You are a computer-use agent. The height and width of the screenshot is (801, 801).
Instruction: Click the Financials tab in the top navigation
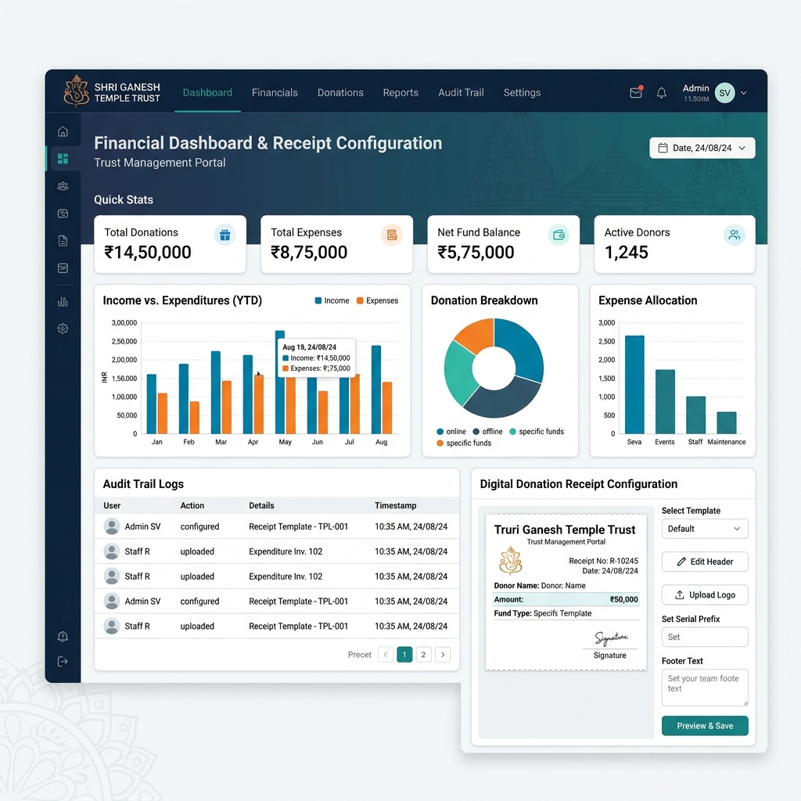275,92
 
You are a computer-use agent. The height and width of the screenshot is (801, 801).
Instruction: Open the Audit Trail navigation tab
460,92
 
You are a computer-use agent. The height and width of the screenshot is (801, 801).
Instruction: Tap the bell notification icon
661,93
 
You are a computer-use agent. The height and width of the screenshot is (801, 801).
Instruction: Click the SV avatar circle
724,93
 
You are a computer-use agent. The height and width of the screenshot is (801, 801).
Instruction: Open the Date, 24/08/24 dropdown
702,148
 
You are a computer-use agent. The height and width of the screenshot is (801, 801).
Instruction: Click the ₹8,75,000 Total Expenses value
308,253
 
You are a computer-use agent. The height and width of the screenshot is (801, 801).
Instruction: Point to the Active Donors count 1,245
626,253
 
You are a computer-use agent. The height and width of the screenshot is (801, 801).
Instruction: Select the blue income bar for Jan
151,404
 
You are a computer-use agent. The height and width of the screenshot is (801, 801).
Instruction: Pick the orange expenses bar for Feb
194,418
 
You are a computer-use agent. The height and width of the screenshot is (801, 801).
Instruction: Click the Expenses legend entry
377,301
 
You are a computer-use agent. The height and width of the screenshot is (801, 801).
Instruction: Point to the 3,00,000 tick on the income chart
124,323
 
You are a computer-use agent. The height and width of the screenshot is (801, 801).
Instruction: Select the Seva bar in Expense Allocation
634,385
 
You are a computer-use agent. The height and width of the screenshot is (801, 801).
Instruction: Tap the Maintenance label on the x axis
726,442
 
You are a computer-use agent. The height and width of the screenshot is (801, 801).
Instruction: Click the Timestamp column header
395,506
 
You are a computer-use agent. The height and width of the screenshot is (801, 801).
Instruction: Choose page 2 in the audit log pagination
423,655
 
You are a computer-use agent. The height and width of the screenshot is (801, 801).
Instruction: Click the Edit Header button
705,562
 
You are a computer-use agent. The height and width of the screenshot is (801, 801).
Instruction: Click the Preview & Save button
705,726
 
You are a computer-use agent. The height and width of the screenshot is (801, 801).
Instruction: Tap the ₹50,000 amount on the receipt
623,600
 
